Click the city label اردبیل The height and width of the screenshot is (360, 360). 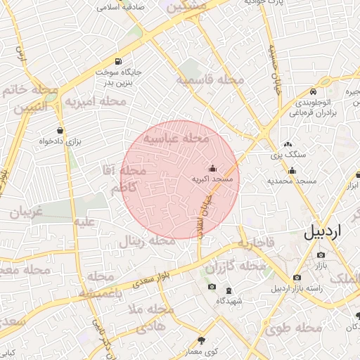(330, 231)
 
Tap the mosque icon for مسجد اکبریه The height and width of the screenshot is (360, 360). (213, 168)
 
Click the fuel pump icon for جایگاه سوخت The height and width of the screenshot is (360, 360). (118, 60)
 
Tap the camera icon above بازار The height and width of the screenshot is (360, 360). (321, 255)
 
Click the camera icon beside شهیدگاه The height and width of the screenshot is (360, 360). (212, 287)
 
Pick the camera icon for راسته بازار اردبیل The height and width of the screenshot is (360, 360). (297, 278)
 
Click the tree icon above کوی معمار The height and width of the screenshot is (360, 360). (202, 340)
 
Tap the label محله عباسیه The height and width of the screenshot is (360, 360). (177, 139)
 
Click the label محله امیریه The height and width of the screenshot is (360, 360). (96, 102)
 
